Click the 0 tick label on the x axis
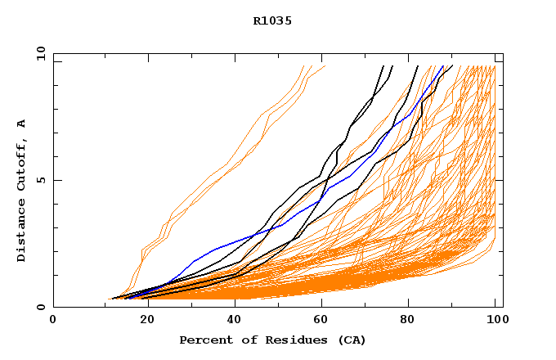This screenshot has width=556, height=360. coord(53,320)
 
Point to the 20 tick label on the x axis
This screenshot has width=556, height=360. coord(142,320)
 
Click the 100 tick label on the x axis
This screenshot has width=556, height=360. coord(495,320)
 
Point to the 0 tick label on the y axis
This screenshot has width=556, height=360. coord(40,308)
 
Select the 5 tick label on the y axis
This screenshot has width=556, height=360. coord(40,180)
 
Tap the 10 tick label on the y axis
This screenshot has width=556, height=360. coord(38,53)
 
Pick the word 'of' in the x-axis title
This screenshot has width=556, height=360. coord(244,340)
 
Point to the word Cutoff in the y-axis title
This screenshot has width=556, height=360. coord(22,164)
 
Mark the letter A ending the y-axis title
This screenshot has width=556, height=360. coord(22,124)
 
